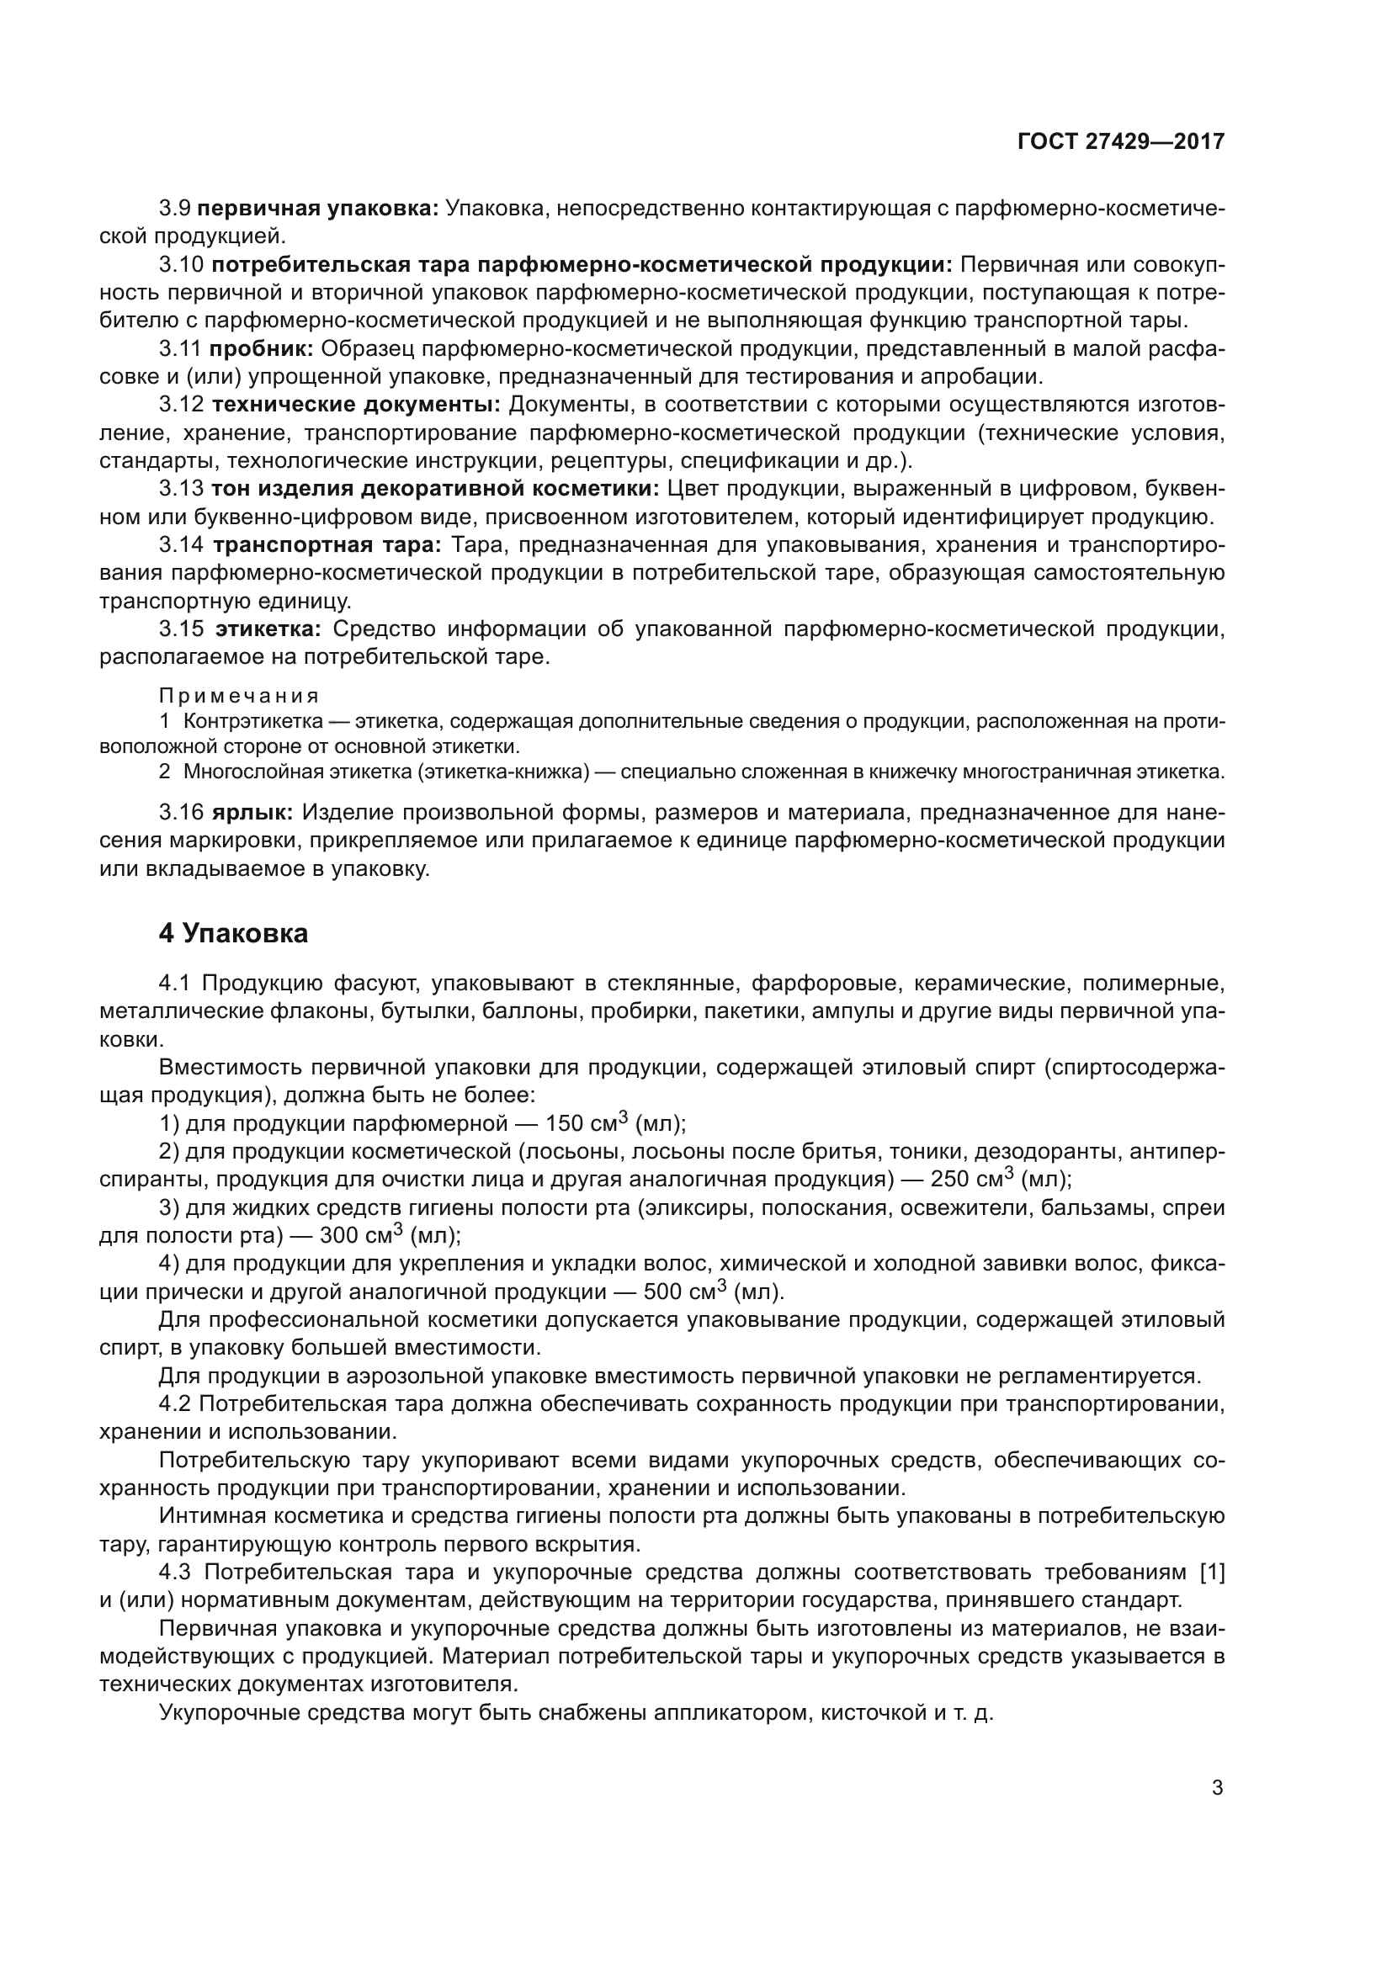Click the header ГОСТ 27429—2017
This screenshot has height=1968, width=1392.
1121,142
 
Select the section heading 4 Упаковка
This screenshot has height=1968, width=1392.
233,933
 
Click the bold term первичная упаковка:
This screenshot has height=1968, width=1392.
318,209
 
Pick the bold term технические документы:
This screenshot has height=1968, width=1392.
356,405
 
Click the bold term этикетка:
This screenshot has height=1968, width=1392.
268,629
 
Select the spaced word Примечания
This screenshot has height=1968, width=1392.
239,695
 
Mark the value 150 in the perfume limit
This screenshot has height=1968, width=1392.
565,1124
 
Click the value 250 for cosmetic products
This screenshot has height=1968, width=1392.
949,1180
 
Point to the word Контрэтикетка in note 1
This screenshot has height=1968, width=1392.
252,722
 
